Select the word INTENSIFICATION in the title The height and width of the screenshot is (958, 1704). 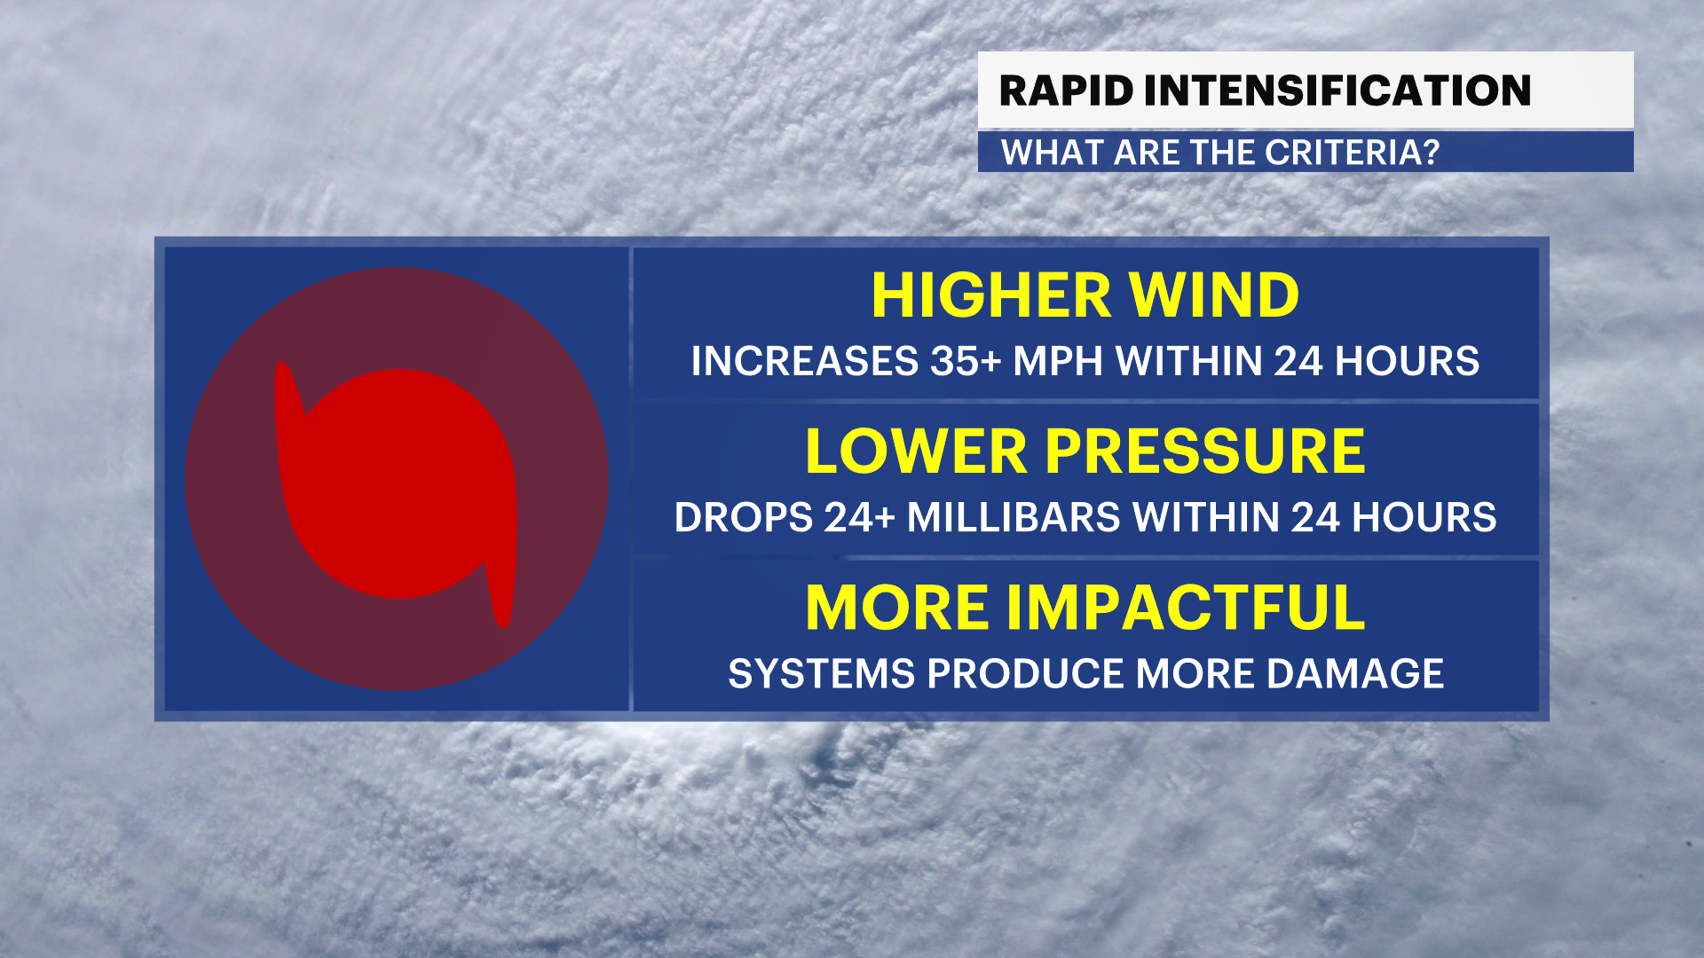coord(1338,90)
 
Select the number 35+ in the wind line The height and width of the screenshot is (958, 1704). coord(966,361)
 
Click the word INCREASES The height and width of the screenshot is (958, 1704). coord(805,361)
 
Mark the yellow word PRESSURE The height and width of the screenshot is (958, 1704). coord(1205,452)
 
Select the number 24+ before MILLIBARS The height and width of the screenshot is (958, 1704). coord(859,517)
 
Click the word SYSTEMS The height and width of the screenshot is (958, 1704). coord(822,673)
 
